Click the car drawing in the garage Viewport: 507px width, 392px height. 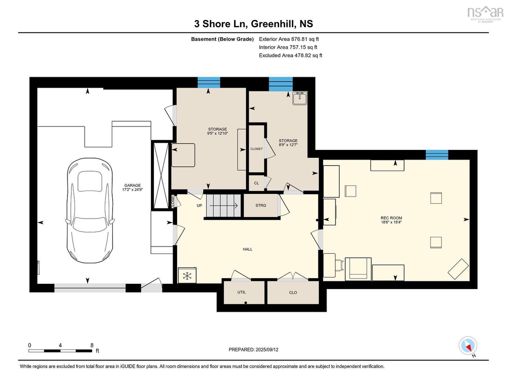(89, 210)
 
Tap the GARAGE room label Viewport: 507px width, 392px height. (132, 185)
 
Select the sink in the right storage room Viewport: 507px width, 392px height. (300, 98)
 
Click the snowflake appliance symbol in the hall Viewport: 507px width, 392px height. (187, 276)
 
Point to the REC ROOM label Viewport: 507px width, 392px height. (391, 218)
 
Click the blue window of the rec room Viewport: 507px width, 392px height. (437, 154)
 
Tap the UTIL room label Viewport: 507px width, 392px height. (242, 292)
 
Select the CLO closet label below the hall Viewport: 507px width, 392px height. (293, 292)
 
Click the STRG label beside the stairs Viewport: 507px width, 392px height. (261, 206)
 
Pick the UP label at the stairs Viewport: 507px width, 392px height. (199, 206)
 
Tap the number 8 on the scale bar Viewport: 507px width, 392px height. (92, 345)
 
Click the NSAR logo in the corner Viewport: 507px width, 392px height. (485, 13)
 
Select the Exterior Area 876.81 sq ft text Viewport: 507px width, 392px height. (289, 39)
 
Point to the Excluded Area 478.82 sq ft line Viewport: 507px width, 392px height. (290, 56)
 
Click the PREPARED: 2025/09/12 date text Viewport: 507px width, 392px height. (253, 350)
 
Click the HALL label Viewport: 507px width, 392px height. (248, 249)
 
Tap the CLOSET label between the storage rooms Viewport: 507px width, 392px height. (256, 149)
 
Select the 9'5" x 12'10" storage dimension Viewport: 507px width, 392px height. (217, 134)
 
